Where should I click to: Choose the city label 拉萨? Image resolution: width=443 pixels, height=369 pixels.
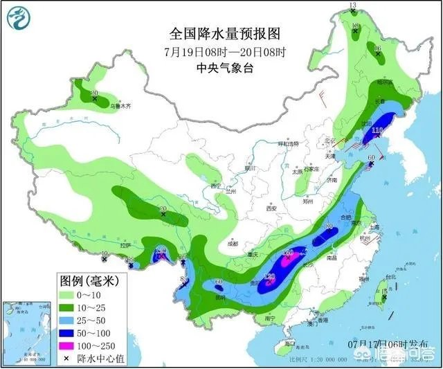pos(125,246)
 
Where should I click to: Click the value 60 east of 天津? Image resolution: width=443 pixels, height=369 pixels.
pos(371,158)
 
